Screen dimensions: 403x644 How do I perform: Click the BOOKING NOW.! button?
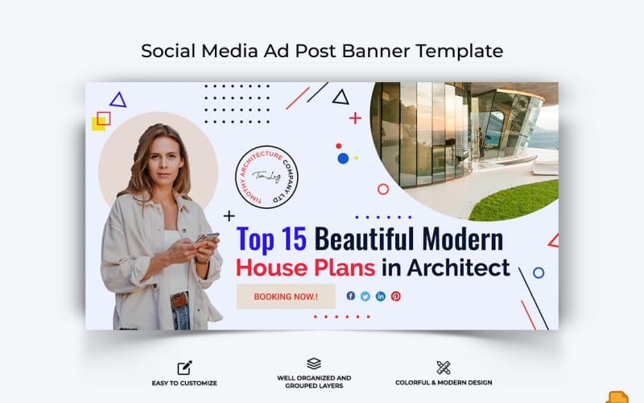pyautogui.click(x=285, y=297)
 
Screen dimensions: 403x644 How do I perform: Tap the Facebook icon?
pyautogui.click(x=351, y=296)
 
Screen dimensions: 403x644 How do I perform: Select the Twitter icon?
pyautogui.click(x=365, y=296)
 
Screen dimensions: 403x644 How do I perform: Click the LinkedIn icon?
pyautogui.click(x=381, y=296)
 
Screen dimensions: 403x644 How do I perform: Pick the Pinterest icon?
pyautogui.click(x=395, y=296)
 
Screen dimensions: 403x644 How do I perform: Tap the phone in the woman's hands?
pyautogui.click(x=207, y=238)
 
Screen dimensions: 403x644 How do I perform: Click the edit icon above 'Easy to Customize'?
pyautogui.click(x=184, y=368)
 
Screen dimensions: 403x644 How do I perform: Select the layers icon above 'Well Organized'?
pyautogui.click(x=313, y=364)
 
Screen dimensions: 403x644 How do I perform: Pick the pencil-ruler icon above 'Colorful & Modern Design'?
pyautogui.click(x=443, y=368)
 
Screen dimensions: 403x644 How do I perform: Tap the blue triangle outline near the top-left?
pyautogui.click(x=118, y=100)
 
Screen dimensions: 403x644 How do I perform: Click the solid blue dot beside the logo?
pyautogui.click(x=343, y=158)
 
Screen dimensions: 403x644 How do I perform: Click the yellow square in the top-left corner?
pyautogui.click(x=98, y=123)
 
